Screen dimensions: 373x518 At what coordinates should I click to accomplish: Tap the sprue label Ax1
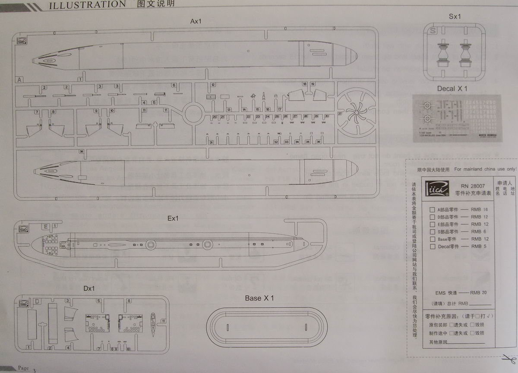click(x=196, y=21)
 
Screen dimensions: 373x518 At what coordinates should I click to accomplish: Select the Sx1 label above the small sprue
click(x=455, y=16)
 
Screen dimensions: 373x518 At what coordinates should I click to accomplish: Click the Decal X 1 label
click(x=452, y=89)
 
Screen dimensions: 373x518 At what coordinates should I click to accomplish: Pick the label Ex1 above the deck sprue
click(x=173, y=218)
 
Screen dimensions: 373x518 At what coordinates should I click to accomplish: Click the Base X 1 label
click(x=259, y=298)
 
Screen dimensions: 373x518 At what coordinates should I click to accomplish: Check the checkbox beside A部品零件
click(x=432, y=210)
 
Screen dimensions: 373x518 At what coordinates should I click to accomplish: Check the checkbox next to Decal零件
click(x=432, y=247)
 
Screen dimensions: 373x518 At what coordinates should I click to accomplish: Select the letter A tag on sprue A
click(x=19, y=79)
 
